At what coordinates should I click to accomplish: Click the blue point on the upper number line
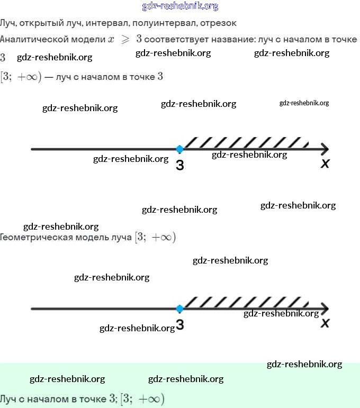click(179, 149)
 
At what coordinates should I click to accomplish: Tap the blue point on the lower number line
click(179, 309)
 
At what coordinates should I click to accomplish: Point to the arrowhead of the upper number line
click(325, 149)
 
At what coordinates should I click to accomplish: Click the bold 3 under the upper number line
click(180, 166)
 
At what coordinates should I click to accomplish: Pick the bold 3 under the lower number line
click(180, 325)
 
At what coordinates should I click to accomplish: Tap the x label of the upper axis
click(325, 165)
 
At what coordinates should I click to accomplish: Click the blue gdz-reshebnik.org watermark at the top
click(180, 6)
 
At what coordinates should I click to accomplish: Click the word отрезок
click(219, 23)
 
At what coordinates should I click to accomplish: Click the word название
click(236, 39)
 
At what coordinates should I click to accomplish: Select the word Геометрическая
click(35, 237)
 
